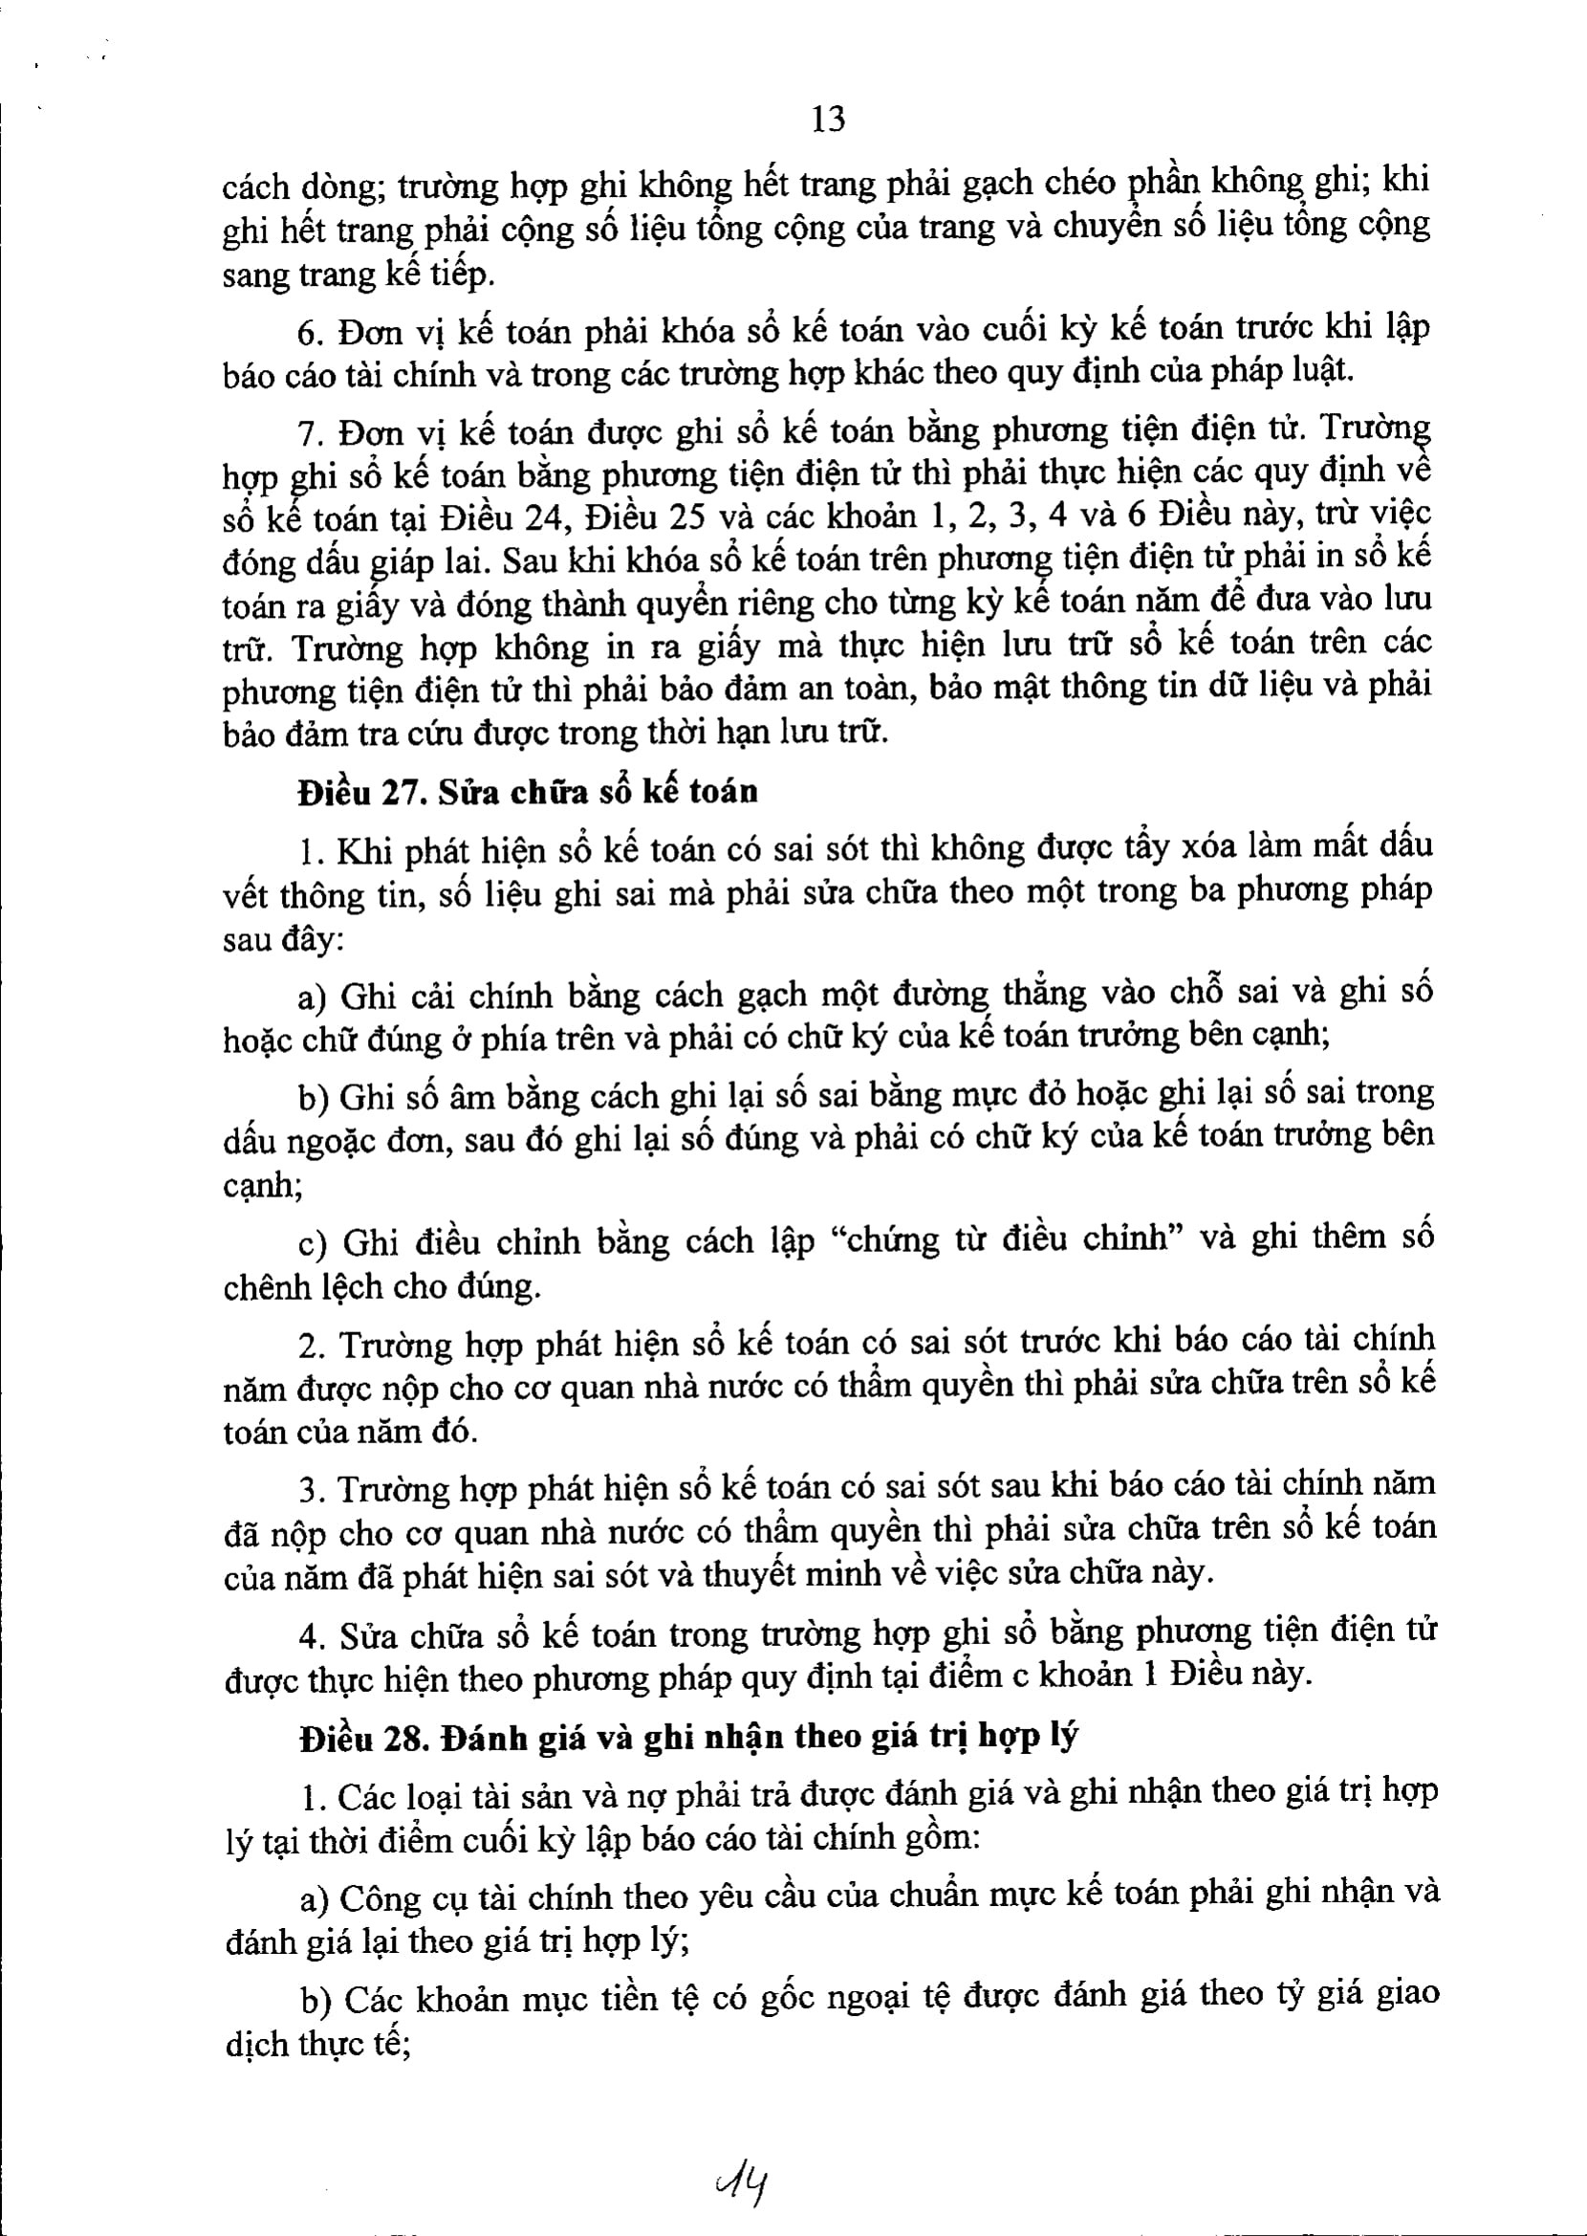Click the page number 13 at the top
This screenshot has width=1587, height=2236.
point(828,120)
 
